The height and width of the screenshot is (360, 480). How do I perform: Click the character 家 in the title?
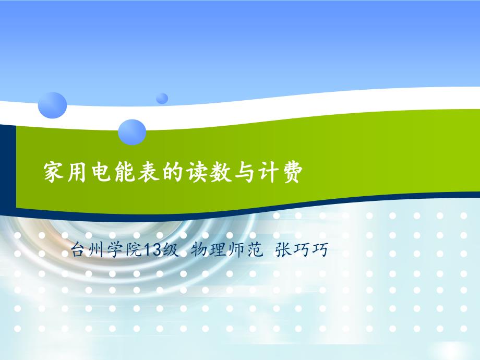pos(54,172)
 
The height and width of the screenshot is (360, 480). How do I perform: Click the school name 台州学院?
pos(106,251)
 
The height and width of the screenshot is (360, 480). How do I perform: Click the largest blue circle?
pos(52,104)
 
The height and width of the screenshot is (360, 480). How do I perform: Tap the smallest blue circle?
pos(162,98)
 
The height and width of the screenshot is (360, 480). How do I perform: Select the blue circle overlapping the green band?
pos(132,131)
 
